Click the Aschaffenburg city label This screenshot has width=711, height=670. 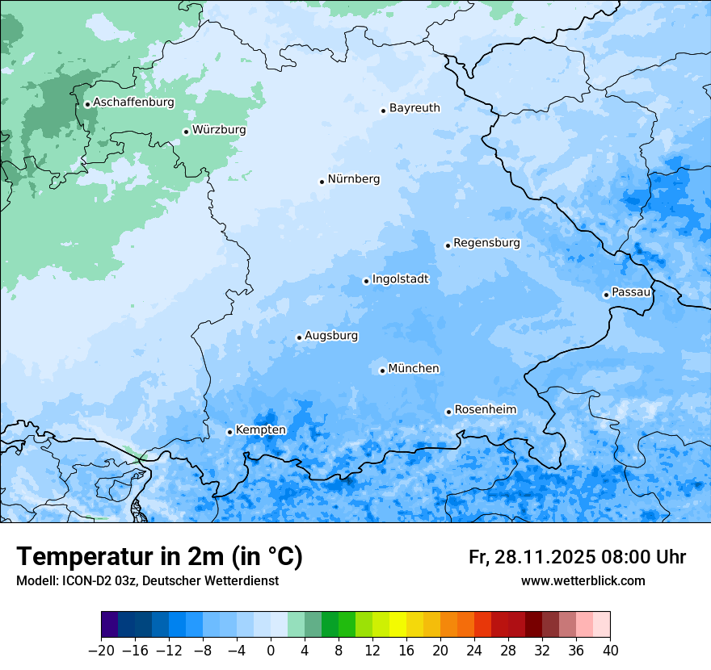pyautogui.click(x=133, y=103)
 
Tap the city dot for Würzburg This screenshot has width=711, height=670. pyautogui.click(x=186, y=132)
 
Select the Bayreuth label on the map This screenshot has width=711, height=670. pyautogui.click(x=414, y=108)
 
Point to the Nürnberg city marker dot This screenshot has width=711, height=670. pyautogui.click(x=322, y=182)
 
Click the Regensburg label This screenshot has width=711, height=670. pyautogui.click(x=486, y=243)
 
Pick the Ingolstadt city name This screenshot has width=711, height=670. pyautogui.click(x=400, y=279)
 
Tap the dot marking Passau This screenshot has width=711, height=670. pyautogui.click(x=606, y=295)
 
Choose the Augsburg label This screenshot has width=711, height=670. pyautogui.click(x=331, y=336)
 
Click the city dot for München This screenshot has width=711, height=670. pyautogui.click(x=382, y=371)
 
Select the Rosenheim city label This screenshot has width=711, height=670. pyautogui.click(x=485, y=410)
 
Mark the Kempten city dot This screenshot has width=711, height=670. pyautogui.click(x=229, y=432)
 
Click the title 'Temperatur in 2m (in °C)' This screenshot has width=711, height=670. pyautogui.click(x=159, y=557)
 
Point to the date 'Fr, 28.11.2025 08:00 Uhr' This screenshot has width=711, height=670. pyautogui.click(x=577, y=557)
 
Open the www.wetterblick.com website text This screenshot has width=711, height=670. pyautogui.click(x=583, y=581)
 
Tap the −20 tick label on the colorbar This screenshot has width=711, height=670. pyautogui.click(x=101, y=651)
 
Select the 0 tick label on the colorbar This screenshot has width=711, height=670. pyautogui.click(x=271, y=651)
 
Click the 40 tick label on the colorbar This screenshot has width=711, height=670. pyautogui.click(x=610, y=651)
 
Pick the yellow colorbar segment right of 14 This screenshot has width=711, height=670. pyautogui.click(x=398, y=625)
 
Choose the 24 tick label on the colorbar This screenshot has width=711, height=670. pyautogui.click(x=474, y=651)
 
